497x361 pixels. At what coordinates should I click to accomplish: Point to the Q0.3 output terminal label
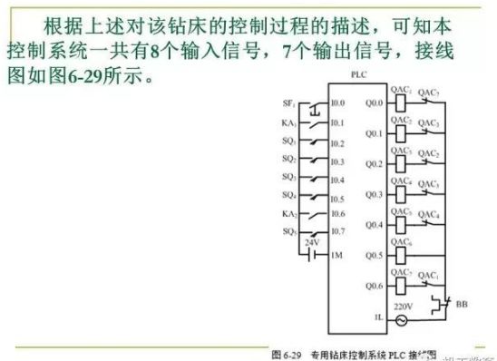click(373, 194)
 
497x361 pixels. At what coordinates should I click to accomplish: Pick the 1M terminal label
click(336, 256)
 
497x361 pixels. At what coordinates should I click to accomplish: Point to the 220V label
click(400, 307)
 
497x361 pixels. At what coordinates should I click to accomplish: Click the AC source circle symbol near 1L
click(400, 319)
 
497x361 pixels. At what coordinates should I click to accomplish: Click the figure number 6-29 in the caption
click(286, 350)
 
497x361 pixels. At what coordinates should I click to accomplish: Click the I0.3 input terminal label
click(338, 161)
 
